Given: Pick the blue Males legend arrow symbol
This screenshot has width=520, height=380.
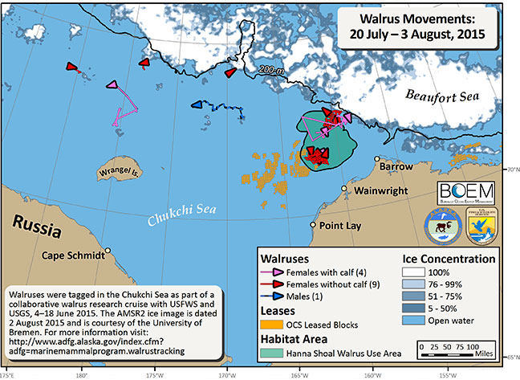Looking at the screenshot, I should coord(277,295).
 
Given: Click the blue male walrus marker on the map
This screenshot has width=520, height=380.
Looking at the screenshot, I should coord(197,104).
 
